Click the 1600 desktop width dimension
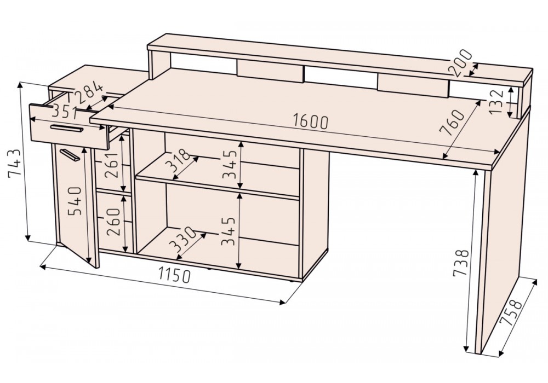(x=310, y=121)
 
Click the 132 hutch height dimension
(x=495, y=101)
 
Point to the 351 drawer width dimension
(x=65, y=111)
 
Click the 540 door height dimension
(x=75, y=201)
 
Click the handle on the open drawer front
(x=66, y=129)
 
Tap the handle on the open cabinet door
(x=70, y=155)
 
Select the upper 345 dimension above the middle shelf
(x=231, y=163)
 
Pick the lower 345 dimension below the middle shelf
(x=231, y=230)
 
